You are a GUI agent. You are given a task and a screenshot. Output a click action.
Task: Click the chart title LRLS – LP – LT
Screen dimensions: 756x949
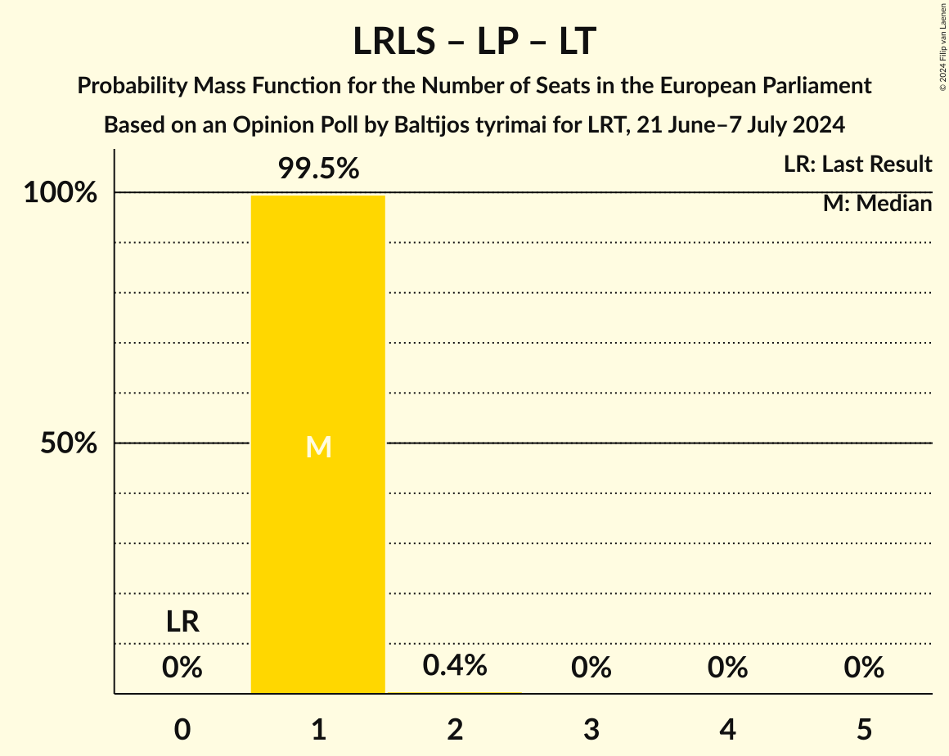tap(474, 42)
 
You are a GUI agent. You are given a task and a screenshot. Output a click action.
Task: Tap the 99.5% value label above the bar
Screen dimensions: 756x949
tap(318, 169)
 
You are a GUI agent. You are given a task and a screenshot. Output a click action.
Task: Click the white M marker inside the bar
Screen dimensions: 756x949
tap(318, 447)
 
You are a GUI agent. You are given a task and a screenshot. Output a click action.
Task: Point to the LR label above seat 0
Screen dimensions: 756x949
tap(182, 622)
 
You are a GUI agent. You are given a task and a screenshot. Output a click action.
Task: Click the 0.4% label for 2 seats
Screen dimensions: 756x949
tap(455, 666)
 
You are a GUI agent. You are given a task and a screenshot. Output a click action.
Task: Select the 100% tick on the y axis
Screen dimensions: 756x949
tap(61, 193)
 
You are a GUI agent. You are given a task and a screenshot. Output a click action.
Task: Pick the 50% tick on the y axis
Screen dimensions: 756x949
tap(69, 443)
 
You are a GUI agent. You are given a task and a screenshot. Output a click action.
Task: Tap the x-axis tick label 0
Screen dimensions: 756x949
tap(182, 729)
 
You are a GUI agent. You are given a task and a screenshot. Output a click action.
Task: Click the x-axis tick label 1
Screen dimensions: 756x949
tap(318, 729)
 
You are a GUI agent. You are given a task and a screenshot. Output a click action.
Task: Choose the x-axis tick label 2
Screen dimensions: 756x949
tap(455, 729)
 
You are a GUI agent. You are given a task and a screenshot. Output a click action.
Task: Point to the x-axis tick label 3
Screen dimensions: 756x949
tap(591, 729)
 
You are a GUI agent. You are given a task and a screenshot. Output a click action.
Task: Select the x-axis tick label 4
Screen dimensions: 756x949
tap(727, 729)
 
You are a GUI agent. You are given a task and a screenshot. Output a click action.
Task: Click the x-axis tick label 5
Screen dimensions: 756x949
tap(864, 729)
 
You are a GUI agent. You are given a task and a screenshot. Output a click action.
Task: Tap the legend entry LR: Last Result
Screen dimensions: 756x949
tap(857, 164)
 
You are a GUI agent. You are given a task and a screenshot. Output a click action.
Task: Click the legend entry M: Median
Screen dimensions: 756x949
tap(877, 204)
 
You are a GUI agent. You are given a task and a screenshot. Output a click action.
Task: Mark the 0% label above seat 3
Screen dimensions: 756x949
tap(591, 668)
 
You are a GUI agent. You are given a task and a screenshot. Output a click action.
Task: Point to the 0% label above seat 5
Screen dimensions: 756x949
tap(864, 668)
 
